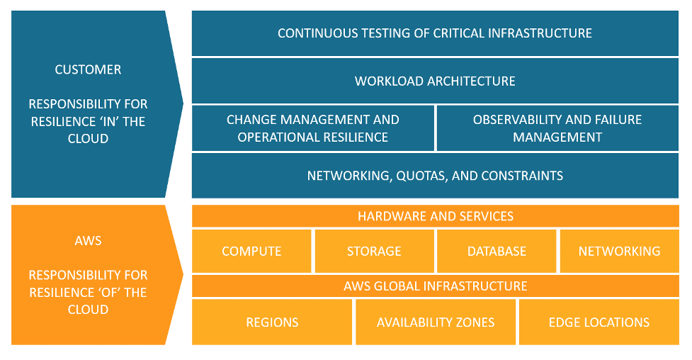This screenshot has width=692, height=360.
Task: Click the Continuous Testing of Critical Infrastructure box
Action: pos(435,33)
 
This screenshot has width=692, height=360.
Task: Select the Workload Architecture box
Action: pos(435,81)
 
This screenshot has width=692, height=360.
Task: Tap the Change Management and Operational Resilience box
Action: pos(313,128)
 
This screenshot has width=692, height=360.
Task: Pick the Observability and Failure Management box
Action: pos(557,128)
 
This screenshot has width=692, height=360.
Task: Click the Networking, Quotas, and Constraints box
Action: pos(435,175)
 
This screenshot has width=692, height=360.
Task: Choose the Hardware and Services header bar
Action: pos(435,216)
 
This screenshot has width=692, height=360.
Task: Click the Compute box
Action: pos(251,251)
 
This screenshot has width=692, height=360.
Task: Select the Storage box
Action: pos(374,251)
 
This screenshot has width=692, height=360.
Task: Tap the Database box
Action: pos(497,251)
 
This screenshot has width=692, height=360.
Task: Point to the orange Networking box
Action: pos(620,251)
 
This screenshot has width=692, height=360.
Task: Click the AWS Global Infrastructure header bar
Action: pos(435,286)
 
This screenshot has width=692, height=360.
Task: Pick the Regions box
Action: pos(272,322)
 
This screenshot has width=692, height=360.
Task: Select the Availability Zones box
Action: pos(436,322)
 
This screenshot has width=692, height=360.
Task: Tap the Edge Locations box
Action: pos(599,322)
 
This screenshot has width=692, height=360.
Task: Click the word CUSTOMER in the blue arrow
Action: pos(88,69)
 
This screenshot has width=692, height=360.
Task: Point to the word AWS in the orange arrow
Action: pos(88,240)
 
